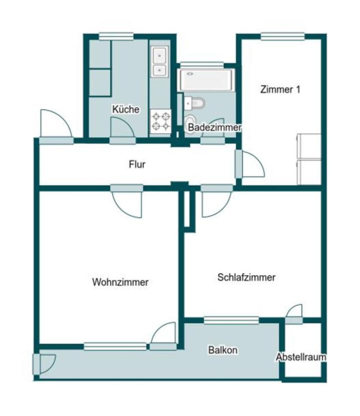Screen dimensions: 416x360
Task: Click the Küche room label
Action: (x=126, y=109)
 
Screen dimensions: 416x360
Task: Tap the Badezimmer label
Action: (x=215, y=128)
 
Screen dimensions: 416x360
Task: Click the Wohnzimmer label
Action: (x=120, y=282)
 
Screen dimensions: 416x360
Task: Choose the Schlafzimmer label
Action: (x=246, y=277)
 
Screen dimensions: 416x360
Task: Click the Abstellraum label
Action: (x=301, y=357)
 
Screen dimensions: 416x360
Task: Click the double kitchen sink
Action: (x=160, y=61)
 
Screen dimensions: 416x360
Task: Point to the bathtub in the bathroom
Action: (x=206, y=80)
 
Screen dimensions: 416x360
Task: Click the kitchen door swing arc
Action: (x=122, y=128)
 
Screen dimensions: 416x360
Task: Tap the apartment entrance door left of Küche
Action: (x=56, y=125)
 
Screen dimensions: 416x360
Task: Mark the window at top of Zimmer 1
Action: (x=282, y=36)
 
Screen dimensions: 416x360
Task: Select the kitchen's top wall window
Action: (x=116, y=36)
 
